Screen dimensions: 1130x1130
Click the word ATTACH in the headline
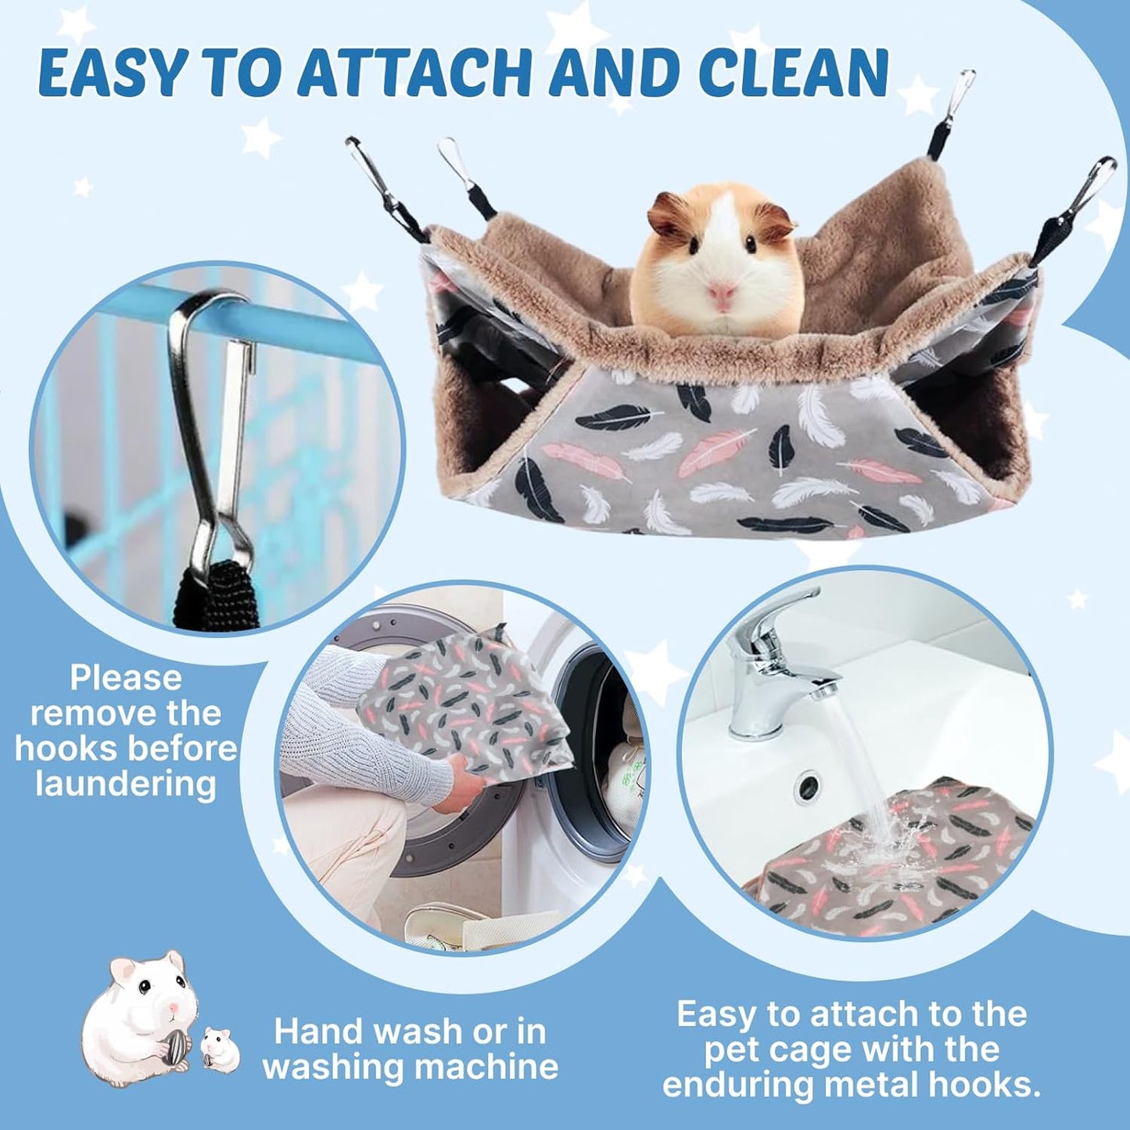pos(413,73)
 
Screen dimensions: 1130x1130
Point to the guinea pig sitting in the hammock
pos(718,262)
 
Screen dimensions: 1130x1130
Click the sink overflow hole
pos(807,784)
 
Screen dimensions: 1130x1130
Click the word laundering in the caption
pos(125,784)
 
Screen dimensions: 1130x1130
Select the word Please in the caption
pos(125,677)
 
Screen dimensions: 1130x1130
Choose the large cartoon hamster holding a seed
pos(137,1009)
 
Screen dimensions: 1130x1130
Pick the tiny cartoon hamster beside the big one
pos(220,1048)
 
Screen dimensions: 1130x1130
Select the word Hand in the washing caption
pos(317,1031)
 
